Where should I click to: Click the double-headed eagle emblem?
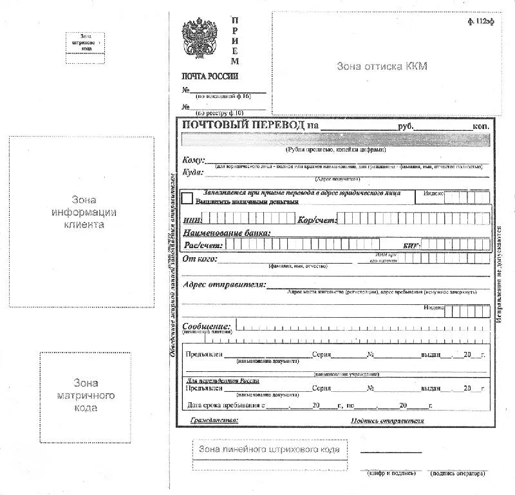199,39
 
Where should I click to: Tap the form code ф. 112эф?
481,21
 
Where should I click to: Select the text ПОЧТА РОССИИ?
210,76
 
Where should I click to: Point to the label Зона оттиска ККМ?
382,66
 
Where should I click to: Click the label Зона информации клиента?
81,212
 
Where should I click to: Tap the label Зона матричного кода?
85,394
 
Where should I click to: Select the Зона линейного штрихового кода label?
268,449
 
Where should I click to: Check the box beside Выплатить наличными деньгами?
187,198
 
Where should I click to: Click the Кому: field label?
194,160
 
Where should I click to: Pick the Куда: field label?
193,172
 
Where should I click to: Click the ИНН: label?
193,220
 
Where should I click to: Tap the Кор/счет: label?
317,220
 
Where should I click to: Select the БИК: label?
411,246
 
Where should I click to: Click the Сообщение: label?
207,326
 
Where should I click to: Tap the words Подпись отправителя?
388,421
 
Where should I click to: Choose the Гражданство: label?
214,421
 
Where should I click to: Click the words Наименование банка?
227,233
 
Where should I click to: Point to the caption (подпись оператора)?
458,474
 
